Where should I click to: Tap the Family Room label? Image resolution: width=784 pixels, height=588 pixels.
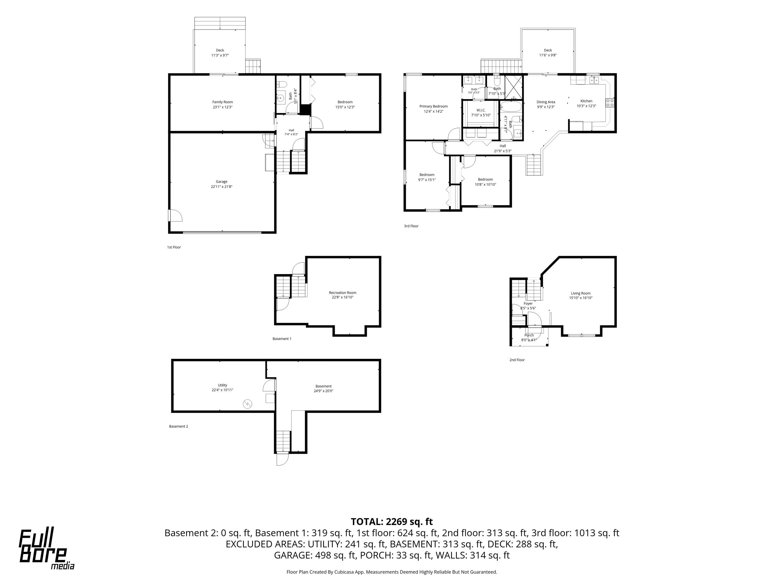pyautogui.click(x=223, y=102)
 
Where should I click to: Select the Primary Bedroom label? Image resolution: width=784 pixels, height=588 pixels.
pyautogui.click(x=434, y=106)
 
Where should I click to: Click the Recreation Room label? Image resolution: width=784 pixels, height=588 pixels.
pyautogui.click(x=342, y=293)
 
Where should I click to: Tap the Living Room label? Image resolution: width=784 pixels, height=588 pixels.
pyautogui.click(x=581, y=293)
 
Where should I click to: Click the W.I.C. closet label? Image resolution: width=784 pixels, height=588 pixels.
pyautogui.click(x=481, y=110)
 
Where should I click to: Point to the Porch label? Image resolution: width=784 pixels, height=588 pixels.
pyautogui.click(x=529, y=335)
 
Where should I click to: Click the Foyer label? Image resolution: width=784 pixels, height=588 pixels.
pyautogui.click(x=528, y=303)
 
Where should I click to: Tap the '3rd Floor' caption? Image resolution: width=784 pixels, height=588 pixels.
pyautogui.click(x=411, y=226)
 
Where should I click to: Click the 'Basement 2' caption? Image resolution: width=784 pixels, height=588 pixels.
pyautogui.click(x=178, y=426)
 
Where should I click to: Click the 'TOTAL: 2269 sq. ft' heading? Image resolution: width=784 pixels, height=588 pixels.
pyautogui.click(x=392, y=522)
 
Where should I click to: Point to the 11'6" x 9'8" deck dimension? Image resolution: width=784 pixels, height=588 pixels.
pyautogui.click(x=548, y=55)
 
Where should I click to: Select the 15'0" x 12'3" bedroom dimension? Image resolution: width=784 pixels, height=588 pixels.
pyautogui.click(x=345, y=107)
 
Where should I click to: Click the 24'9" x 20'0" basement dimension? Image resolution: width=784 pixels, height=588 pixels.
pyautogui.click(x=323, y=391)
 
